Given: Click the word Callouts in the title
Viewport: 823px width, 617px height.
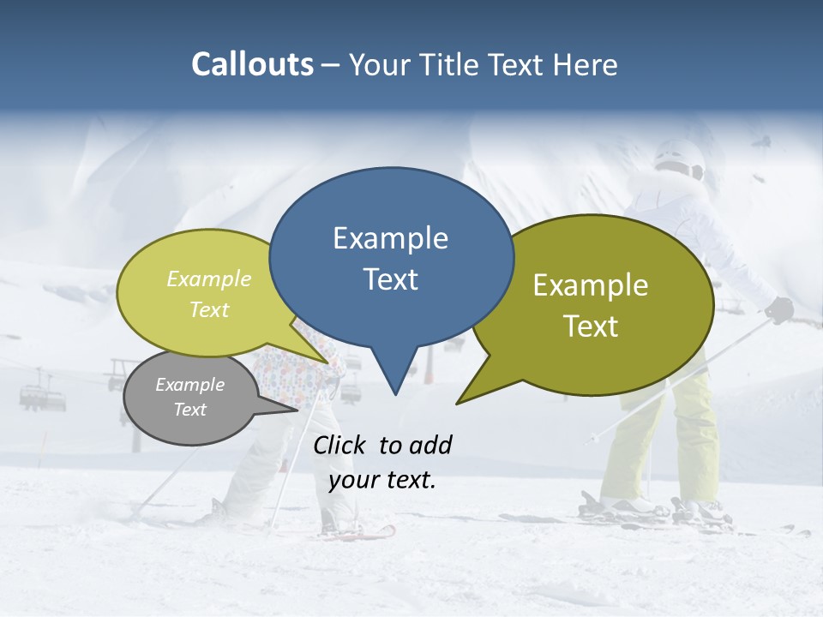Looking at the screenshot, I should coord(253,64).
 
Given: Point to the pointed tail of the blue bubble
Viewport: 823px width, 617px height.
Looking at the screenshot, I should coord(394,390).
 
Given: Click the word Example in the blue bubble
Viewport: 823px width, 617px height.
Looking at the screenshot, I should coord(391,238).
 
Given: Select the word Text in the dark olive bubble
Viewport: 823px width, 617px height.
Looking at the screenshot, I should coord(592,326).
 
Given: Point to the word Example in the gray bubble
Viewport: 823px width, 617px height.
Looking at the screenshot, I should coord(190,385).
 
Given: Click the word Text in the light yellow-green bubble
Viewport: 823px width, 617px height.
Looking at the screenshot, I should coord(209,309).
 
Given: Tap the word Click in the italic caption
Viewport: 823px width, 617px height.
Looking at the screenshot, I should coord(340,445).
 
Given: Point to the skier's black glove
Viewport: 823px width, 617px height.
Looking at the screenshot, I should coord(779,309).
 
